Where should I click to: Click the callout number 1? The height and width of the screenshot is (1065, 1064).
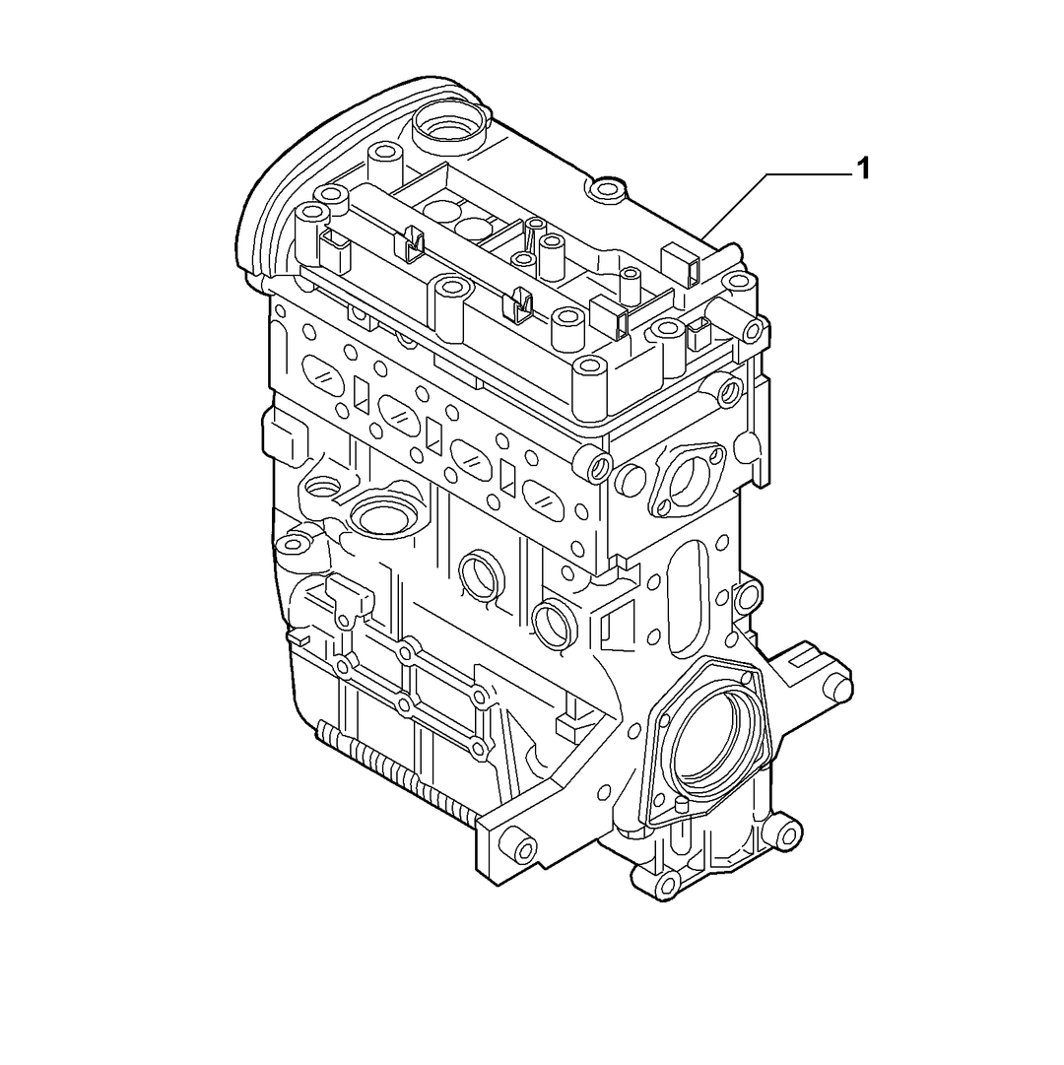(x=863, y=168)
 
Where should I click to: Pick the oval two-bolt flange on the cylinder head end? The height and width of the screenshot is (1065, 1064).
(x=686, y=478)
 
